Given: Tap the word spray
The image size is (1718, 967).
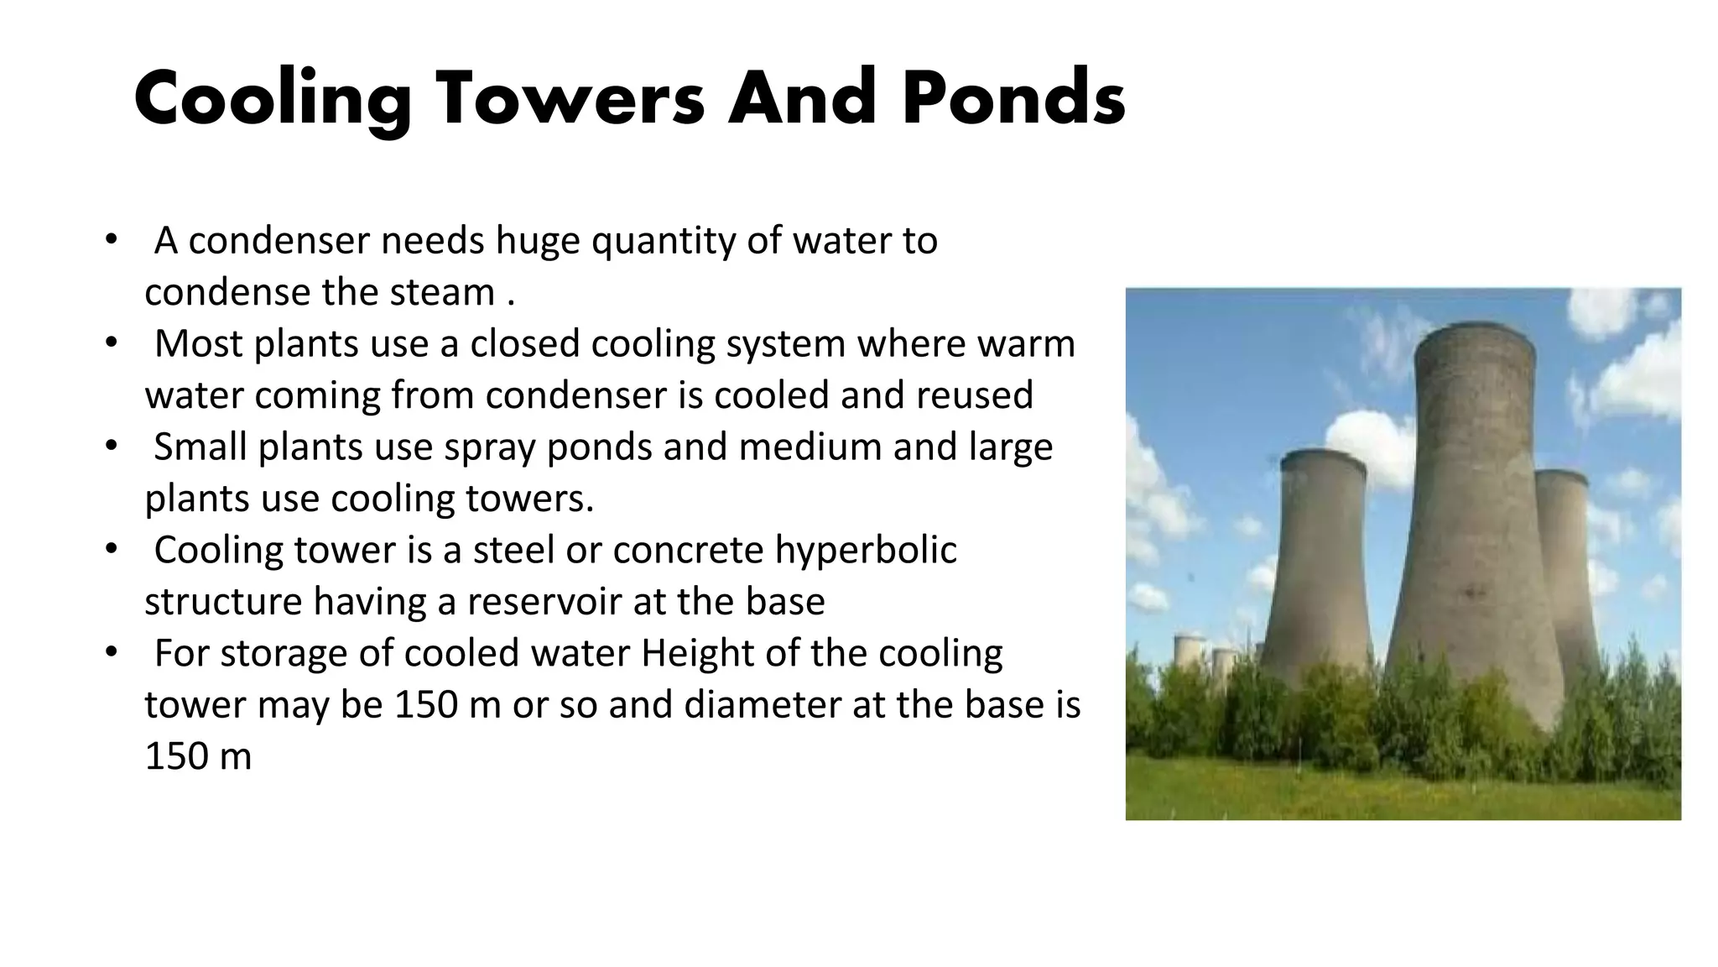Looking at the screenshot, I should point(490,447).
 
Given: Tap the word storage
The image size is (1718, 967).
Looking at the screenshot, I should point(285,655).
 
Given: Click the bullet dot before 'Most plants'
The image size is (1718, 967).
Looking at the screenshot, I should point(111,342).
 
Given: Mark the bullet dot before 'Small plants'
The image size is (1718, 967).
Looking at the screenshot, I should point(111,446).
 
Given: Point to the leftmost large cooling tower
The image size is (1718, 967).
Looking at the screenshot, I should point(1319,571).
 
